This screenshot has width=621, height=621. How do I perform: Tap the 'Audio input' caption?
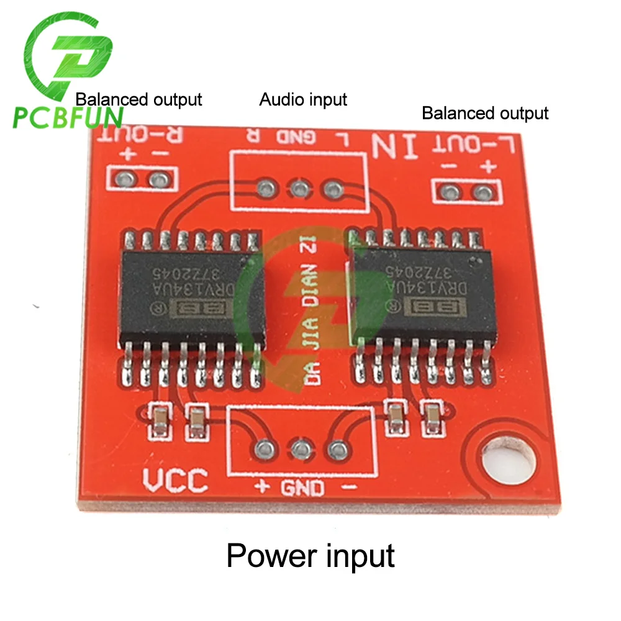[303, 99]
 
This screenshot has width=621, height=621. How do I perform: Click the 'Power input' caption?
[310, 555]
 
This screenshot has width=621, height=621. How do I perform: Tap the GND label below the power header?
[302, 488]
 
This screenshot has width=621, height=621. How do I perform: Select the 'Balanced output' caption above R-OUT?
[139, 99]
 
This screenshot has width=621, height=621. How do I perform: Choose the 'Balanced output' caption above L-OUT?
[485, 113]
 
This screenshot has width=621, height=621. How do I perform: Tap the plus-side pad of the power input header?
[265, 447]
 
